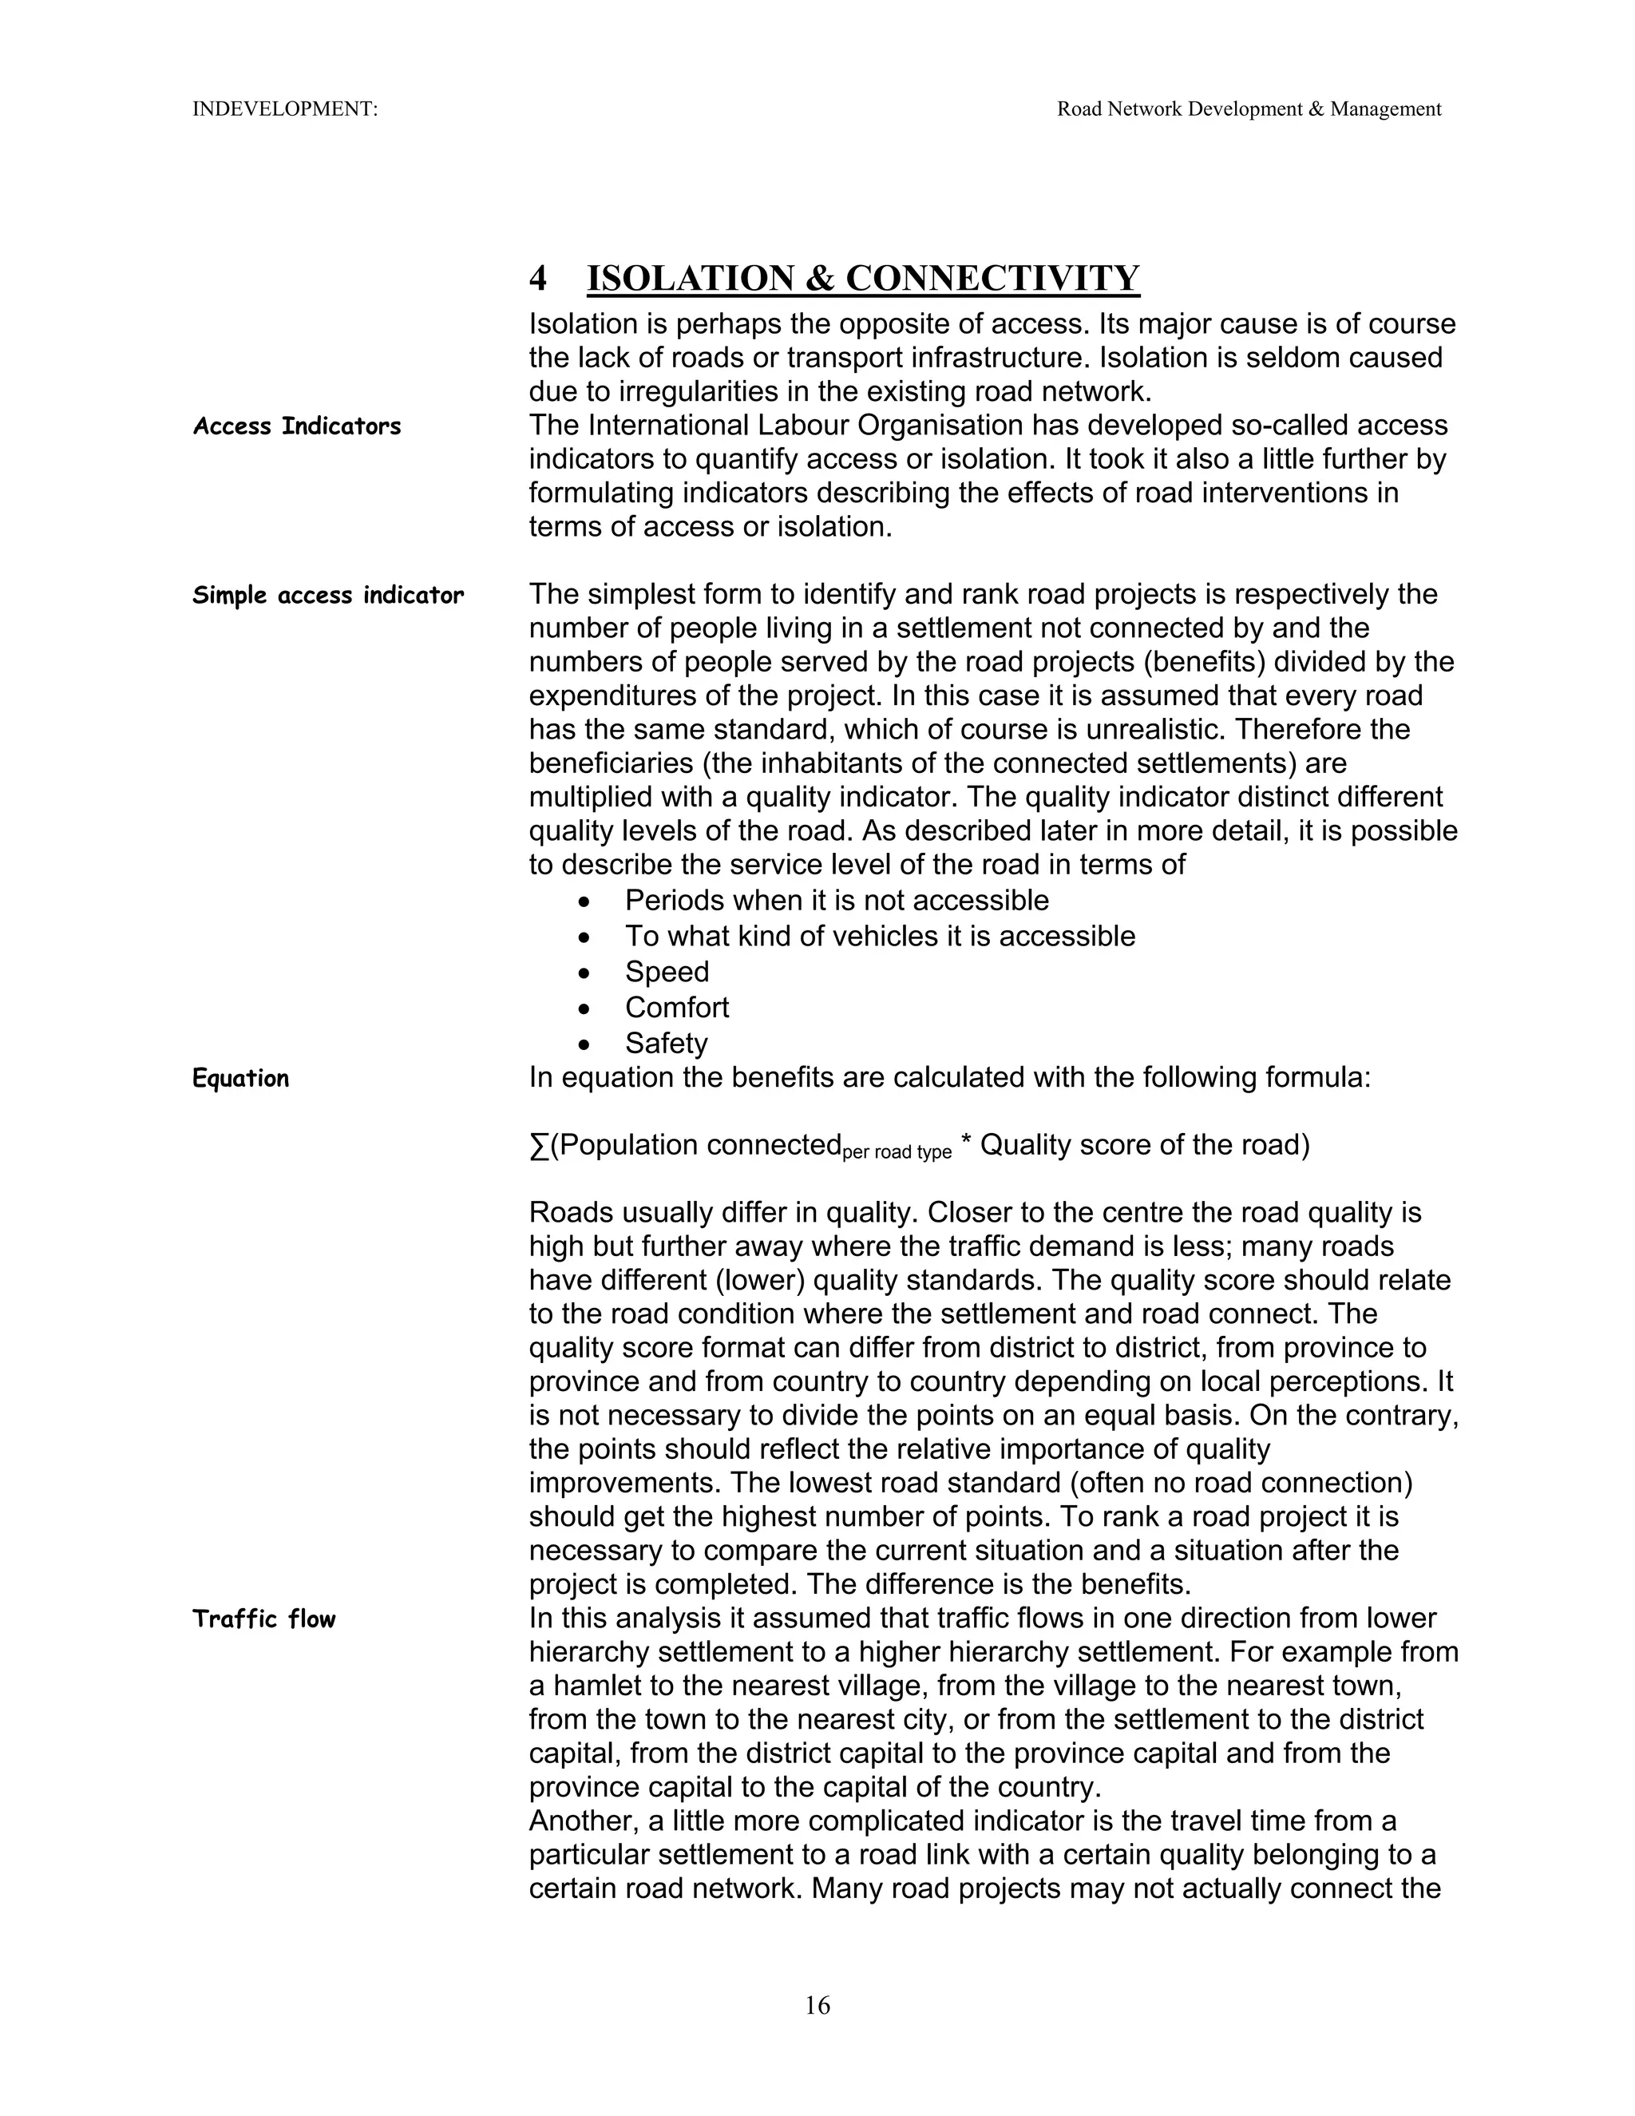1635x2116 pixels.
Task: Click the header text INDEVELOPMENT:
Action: pos(285,109)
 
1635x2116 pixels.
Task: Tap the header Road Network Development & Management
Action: pos(1249,109)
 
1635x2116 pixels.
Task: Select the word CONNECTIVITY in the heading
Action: pos(993,279)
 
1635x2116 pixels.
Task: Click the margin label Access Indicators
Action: pos(296,426)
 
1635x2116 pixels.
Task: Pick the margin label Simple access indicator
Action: pos(328,595)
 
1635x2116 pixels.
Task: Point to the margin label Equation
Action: pos(240,1078)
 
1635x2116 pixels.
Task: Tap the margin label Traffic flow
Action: pos(263,1619)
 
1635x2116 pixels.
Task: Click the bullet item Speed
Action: pos(667,972)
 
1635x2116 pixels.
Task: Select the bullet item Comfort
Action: pos(676,1008)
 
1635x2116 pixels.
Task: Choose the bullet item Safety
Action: pos(666,1044)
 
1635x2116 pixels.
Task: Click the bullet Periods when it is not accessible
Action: pos(836,901)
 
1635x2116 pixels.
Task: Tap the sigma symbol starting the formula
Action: pos(539,1146)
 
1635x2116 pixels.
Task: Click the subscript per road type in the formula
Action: pos(897,1153)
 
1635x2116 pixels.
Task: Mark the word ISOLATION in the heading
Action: pos(691,279)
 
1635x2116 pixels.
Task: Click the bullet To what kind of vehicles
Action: pos(880,937)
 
